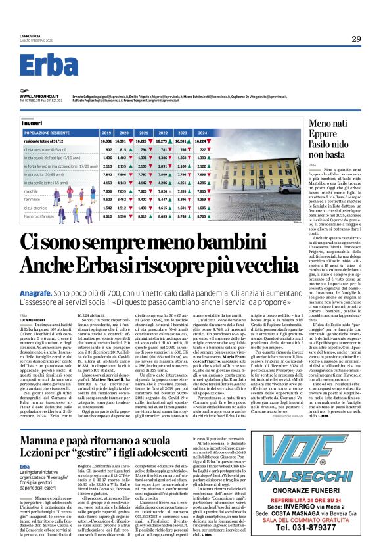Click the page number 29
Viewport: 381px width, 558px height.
tap(355, 39)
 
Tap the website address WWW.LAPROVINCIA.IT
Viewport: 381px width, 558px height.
tap(41, 96)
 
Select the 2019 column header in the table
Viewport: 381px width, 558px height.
tap(106, 132)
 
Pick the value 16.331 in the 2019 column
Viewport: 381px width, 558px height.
tap(106, 141)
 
